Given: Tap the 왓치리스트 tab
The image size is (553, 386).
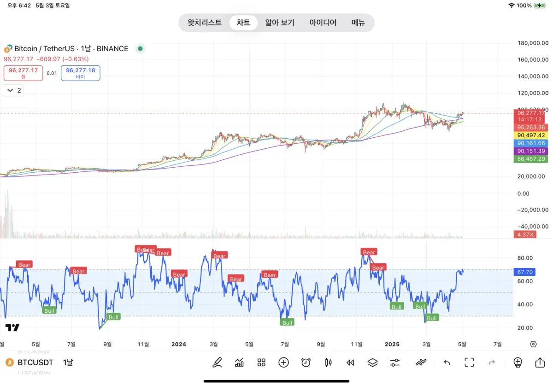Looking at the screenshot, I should (x=204, y=23).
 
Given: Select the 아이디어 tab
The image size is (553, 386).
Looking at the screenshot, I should (x=323, y=23).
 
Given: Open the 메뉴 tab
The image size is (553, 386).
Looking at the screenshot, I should (x=358, y=23).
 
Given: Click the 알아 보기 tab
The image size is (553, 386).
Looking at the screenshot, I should (x=279, y=23).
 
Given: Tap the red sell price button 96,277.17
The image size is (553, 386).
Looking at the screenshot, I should (x=24, y=73).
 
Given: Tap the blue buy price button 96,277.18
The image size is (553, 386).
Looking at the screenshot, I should (x=81, y=73).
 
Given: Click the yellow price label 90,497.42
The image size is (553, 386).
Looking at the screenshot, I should (x=531, y=135).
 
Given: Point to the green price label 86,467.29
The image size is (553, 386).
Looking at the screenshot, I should (x=531, y=159).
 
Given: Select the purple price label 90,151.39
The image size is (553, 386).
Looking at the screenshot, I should (x=531, y=151).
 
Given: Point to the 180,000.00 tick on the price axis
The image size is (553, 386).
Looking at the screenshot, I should (x=532, y=43).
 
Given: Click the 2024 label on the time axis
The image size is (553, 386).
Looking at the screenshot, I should (x=178, y=344).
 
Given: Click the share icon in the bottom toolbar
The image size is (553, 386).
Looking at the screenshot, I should (x=540, y=363).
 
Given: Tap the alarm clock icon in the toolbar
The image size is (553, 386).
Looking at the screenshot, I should (x=306, y=363).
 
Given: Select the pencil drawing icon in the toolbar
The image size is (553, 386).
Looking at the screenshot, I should (x=217, y=363).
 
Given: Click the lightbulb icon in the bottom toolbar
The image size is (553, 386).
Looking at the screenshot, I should (x=518, y=363).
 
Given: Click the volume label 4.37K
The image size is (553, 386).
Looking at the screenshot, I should (x=524, y=234).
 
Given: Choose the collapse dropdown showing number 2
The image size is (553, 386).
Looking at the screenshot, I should (x=13, y=90).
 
